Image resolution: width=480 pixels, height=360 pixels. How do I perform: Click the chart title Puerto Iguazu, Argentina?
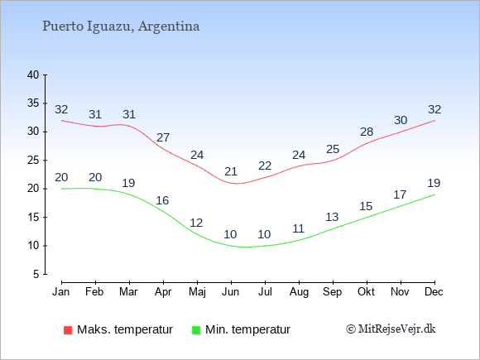[x=121, y=26]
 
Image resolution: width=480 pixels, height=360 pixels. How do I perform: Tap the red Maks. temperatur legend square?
[x=68, y=330]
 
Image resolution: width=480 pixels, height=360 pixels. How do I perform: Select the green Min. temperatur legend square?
[x=196, y=330]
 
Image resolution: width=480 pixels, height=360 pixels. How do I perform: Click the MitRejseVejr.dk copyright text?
[x=391, y=329]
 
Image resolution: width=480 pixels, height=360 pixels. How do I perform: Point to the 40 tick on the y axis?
[x=33, y=74]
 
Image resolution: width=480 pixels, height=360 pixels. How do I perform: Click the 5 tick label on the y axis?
[x=36, y=274]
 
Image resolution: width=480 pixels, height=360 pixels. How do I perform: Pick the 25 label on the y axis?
[x=33, y=160]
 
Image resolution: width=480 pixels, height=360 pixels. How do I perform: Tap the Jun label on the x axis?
[x=231, y=292]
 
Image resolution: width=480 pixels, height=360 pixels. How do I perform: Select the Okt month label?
[x=366, y=292]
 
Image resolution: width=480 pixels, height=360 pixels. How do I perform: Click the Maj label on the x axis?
[x=197, y=292]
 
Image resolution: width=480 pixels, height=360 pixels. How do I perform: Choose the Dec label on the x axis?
[x=434, y=292]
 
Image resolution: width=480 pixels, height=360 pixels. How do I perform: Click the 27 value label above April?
[x=163, y=137]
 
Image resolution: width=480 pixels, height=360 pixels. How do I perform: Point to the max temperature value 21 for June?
[x=231, y=171]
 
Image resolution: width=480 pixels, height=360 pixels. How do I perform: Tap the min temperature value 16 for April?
[x=162, y=200]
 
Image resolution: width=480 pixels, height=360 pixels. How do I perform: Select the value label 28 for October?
[x=367, y=132]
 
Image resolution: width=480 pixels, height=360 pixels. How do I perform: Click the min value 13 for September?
[x=332, y=217]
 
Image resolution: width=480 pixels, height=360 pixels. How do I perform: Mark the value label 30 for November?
[x=401, y=120]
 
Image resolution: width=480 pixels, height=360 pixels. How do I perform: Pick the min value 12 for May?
[x=196, y=223]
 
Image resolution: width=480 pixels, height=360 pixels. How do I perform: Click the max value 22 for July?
[x=265, y=166]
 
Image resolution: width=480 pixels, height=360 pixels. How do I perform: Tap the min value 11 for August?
[x=298, y=228]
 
